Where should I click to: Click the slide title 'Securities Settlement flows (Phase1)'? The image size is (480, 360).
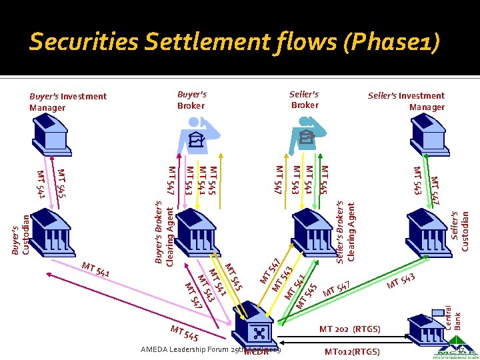(235, 43)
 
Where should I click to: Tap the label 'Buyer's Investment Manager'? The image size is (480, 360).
(67, 102)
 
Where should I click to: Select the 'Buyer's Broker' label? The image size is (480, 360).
(192, 100)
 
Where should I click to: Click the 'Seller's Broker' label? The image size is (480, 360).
(304, 100)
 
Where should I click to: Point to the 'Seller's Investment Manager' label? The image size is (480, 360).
(406, 101)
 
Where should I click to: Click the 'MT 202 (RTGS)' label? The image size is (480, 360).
(350, 329)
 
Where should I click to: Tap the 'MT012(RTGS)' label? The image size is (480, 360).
(352, 351)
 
